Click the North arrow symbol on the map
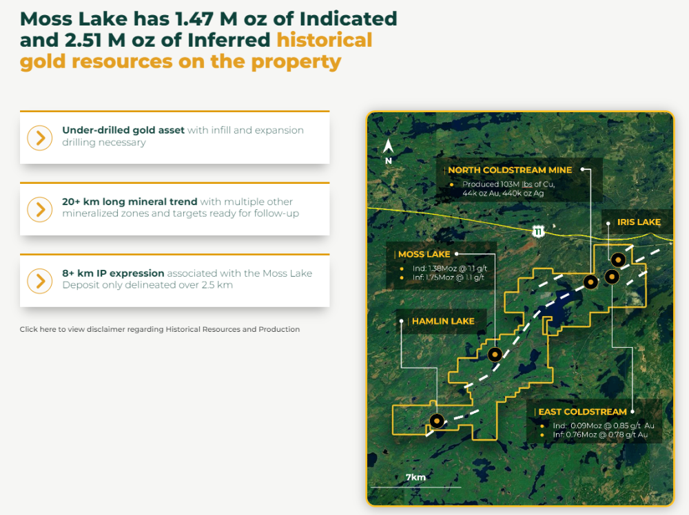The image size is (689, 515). pos(389,147)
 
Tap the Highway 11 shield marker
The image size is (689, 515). pos(538,231)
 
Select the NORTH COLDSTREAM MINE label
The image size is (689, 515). pos(510,170)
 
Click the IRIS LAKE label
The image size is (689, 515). pos(639,222)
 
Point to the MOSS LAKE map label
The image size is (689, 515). pos(424,254)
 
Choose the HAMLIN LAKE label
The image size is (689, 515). pos(443,322)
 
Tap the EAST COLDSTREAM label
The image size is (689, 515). pos(582,412)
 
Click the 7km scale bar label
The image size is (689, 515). pos(415,477)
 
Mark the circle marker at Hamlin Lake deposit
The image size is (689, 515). pos(437,421)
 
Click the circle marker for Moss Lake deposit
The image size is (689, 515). pos(495,355)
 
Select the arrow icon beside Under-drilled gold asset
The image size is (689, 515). pos(40,138)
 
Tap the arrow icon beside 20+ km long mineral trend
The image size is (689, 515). pos(40,209)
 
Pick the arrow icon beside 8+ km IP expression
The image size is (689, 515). pos(40,281)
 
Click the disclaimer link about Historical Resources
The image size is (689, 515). pos(160,329)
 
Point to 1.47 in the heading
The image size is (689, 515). pos(194,19)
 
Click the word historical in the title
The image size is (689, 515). pos(325,40)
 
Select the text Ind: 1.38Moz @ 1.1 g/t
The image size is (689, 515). pos(449,269)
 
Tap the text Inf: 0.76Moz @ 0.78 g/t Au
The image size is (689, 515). pos(600,434)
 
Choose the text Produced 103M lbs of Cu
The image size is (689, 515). pos(508,184)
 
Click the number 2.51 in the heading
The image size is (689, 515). pos(83,41)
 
